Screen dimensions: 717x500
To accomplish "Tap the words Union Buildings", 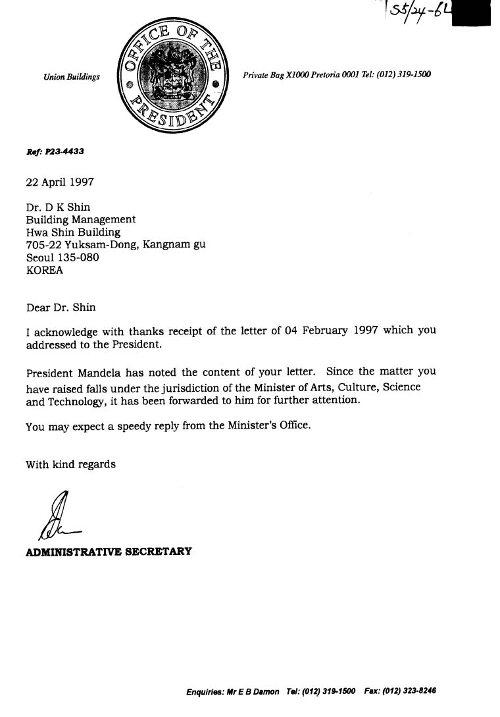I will pos(72,77).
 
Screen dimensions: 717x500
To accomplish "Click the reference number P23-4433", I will pos(64,151).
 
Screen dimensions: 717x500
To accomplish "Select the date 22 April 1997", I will pos(59,182).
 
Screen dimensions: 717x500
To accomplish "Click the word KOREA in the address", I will pos(44,270).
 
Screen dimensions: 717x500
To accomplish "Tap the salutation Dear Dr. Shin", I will pos(61,307).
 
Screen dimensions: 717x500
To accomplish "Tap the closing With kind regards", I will pos(70,464).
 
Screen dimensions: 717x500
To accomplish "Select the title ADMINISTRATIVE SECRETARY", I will pos(109,551).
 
